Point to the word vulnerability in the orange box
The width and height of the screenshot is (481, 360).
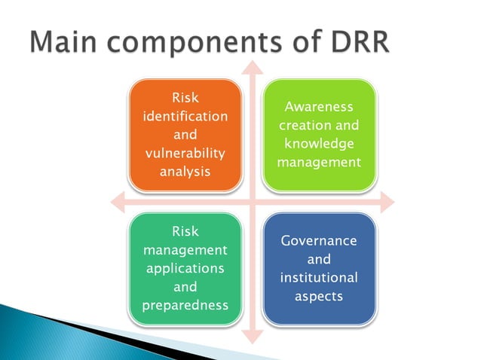185,153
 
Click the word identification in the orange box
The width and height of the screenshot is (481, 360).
185,117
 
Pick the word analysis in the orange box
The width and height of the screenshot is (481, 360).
185,171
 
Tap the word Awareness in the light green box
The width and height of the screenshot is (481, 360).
318,107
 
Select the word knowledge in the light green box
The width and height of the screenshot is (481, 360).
318,143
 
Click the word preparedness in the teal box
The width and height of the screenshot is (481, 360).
185,306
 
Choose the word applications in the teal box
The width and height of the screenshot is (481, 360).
185,268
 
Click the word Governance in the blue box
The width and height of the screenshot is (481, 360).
318,241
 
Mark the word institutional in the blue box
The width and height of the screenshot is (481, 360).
318,277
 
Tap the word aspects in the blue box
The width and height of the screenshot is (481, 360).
318,296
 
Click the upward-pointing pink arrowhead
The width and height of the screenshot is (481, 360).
252,66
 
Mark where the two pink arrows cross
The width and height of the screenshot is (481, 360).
252,201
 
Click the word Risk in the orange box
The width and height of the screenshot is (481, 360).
185,98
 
